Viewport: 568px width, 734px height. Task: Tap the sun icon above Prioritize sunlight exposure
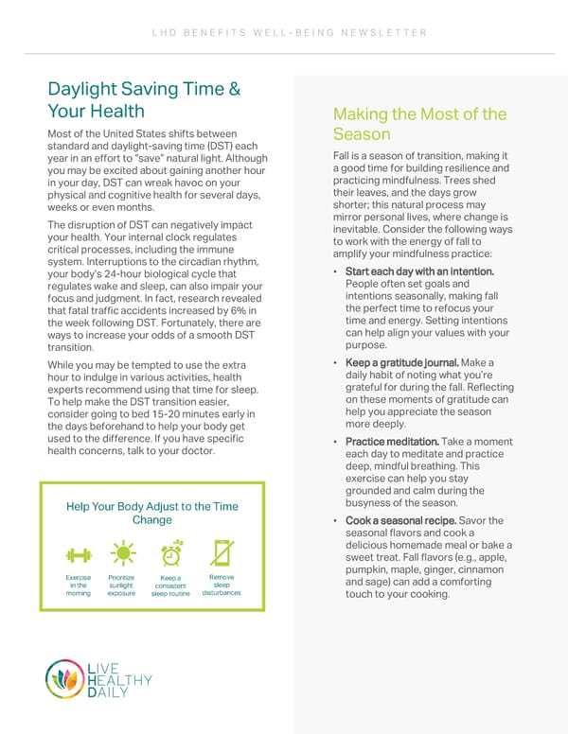tap(122, 553)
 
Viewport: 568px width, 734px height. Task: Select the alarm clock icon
tap(171, 553)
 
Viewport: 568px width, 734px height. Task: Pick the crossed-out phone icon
tap(222, 553)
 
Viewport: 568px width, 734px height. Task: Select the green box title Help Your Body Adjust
tap(151, 514)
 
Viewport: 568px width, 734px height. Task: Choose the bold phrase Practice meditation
tap(391, 442)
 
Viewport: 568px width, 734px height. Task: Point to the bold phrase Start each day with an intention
tap(420, 272)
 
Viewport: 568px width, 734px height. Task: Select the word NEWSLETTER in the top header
tap(388, 34)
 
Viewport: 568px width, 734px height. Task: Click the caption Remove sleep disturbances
tap(222, 585)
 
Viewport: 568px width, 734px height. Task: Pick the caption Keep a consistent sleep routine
tap(171, 585)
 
